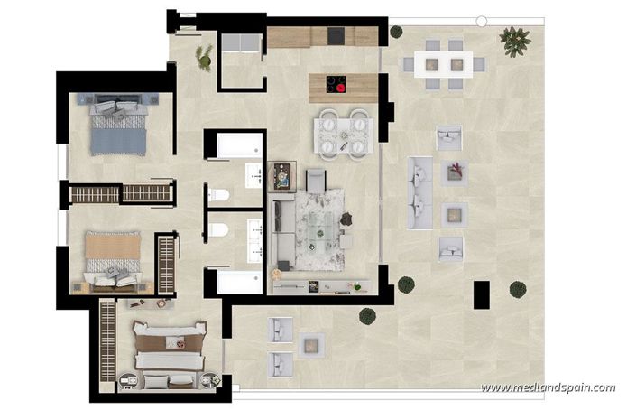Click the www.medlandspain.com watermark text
(548, 388)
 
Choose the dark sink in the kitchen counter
(338, 36)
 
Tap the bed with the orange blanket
(113, 256)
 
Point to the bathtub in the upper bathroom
(235, 145)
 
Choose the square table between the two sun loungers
(312, 345)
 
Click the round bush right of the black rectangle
(517, 289)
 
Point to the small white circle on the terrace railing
(482, 20)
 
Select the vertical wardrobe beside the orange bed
(166, 263)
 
